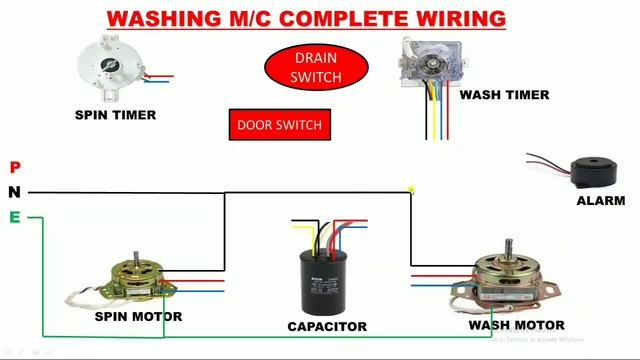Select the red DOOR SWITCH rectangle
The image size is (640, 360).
(279, 125)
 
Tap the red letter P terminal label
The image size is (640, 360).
(15, 167)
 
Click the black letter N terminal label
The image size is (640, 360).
(15, 192)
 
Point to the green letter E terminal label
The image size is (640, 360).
(15, 217)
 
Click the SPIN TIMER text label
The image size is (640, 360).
(115, 115)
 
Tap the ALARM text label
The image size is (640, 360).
(600, 201)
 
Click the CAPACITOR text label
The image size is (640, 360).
(326, 326)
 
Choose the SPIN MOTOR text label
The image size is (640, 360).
(138, 317)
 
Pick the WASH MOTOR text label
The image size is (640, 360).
(516, 325)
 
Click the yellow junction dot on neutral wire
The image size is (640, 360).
(411, 188)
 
